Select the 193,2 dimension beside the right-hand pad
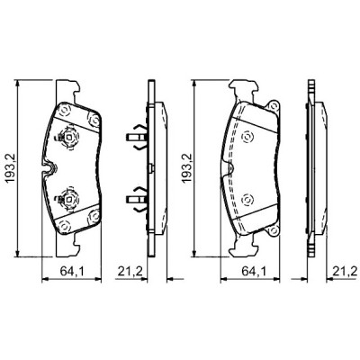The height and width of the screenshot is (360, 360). click(186, 166)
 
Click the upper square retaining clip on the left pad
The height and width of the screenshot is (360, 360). click(66, 139)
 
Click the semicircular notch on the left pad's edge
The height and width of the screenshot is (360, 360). click(46, 166)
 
